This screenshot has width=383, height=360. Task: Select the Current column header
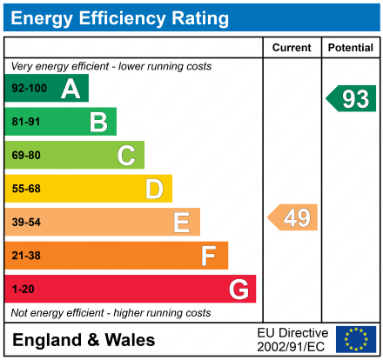[292, 48]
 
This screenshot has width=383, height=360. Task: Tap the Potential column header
[350, 48]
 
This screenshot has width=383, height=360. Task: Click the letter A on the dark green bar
[70, 89]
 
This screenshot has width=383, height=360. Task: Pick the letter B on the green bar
[97, 123]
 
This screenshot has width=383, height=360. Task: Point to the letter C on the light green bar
[126, 156]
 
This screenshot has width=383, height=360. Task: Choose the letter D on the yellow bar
[154, 189]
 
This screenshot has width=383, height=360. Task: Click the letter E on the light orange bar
[181, 223]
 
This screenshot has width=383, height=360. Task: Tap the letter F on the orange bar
[209, 256]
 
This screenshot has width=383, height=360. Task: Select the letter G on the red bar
[237, 289]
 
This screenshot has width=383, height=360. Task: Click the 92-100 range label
[29, 89]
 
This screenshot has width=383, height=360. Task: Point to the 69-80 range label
[26, 156]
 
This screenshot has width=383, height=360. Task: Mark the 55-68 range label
[26, 189]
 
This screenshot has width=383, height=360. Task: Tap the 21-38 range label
[26, 256]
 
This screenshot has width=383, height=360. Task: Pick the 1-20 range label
[23, 289]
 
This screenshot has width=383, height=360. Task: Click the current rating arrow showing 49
[293, 217]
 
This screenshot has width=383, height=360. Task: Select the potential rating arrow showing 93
[352, 99]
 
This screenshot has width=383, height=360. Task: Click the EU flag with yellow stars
[355, 339]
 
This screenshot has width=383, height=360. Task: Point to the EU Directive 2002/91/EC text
[292, 340]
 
